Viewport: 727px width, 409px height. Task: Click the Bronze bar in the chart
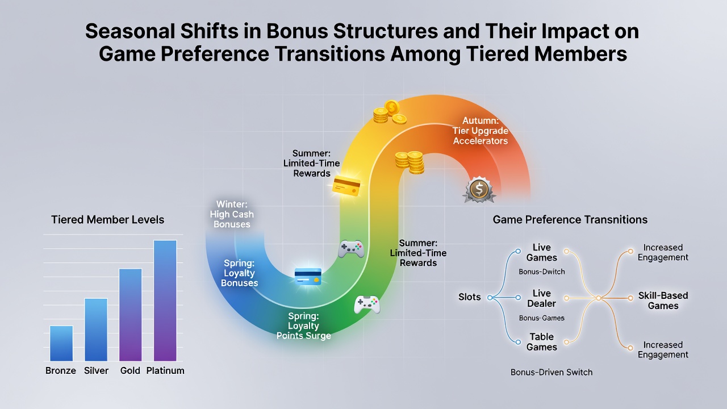pyautogui.click(x=61, y=343)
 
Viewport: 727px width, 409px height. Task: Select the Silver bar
pyautogui.click(x=96, y=329)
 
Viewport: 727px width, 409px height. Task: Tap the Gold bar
pyautogui.click(x=131, y=315)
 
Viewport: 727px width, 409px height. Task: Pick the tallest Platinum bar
pyautogui.click(x=165, y=301)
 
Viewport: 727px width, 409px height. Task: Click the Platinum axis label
pyautogui.click(x=165, y=371)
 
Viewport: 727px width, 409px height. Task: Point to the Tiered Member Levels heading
pyautogui.click(x=108, y=220)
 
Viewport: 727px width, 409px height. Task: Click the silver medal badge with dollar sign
pyautogui.click(x=479, y=190)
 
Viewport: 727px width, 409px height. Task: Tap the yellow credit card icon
pyautogui.click(x=346, y=186)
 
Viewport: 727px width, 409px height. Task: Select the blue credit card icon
pyautogui.click(x=308, y=277)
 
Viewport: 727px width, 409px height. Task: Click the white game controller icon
pyautogui.click(x=367, y=304)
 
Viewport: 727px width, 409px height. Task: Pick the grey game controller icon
pyautogui.click(x=351, y=249)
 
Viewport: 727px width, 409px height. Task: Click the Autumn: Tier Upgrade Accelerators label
pyautogui.click(x=481, y=131)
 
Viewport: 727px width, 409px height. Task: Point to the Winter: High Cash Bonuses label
pyautogui.click(x=232, y=214)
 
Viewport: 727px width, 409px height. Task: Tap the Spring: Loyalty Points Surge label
pyautogui.click(x=304, y=325)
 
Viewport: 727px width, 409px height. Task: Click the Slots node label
pyautogui.click(x=470, y=297)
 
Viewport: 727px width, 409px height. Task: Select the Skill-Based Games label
pyautogui.click(x=663, y=301)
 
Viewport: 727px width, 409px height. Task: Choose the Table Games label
pyautogui.click(x=542, y=342)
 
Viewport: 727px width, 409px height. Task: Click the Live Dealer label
pyautogui.click(x=542, y=298)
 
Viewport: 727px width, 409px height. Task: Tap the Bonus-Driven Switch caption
pyautogui.click(x=551, y=372)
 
